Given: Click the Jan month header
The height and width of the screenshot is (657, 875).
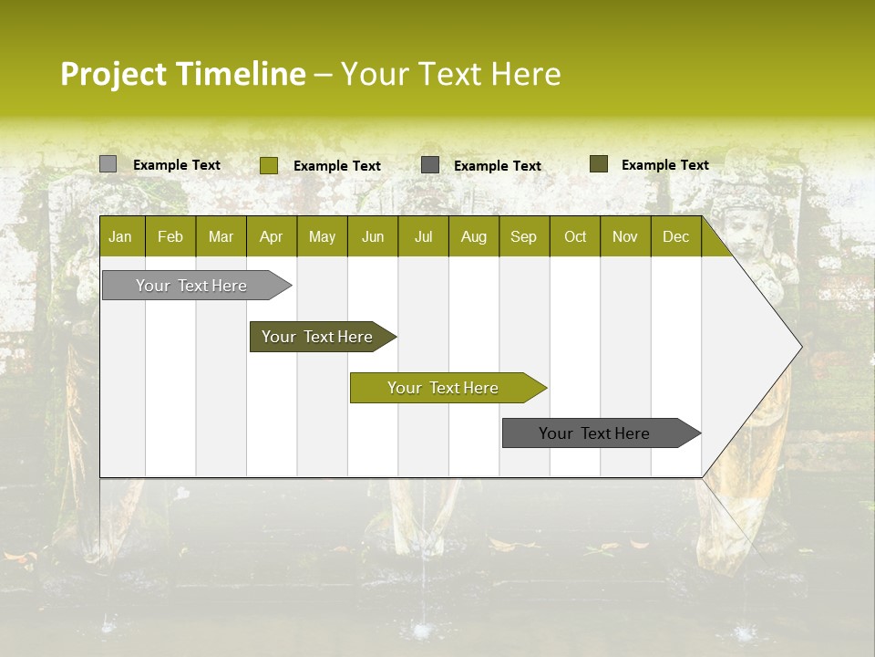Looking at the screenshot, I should (121, 236).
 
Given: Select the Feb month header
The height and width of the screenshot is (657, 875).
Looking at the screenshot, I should (170, 236).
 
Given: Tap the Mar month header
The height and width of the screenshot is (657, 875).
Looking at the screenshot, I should (221, 236).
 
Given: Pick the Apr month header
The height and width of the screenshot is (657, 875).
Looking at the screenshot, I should (272, 236).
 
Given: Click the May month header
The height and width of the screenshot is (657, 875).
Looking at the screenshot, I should (322, 236).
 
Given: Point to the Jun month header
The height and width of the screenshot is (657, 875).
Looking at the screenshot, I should (373, 236).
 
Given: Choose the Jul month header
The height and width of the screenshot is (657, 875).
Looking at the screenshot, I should (423, 236).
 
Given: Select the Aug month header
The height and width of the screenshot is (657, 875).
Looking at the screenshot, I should (474, 236).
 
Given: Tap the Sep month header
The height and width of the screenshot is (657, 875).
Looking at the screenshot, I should (524, 236).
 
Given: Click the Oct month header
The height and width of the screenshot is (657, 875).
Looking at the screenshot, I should (575, 236).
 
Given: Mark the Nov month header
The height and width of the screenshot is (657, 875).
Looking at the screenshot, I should (625, 236).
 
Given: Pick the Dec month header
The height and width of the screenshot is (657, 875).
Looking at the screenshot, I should (676, 236).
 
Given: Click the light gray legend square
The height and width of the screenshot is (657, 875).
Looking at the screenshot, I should (108, 164).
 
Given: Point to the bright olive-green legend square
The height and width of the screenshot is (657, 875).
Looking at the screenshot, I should (269, 165).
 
